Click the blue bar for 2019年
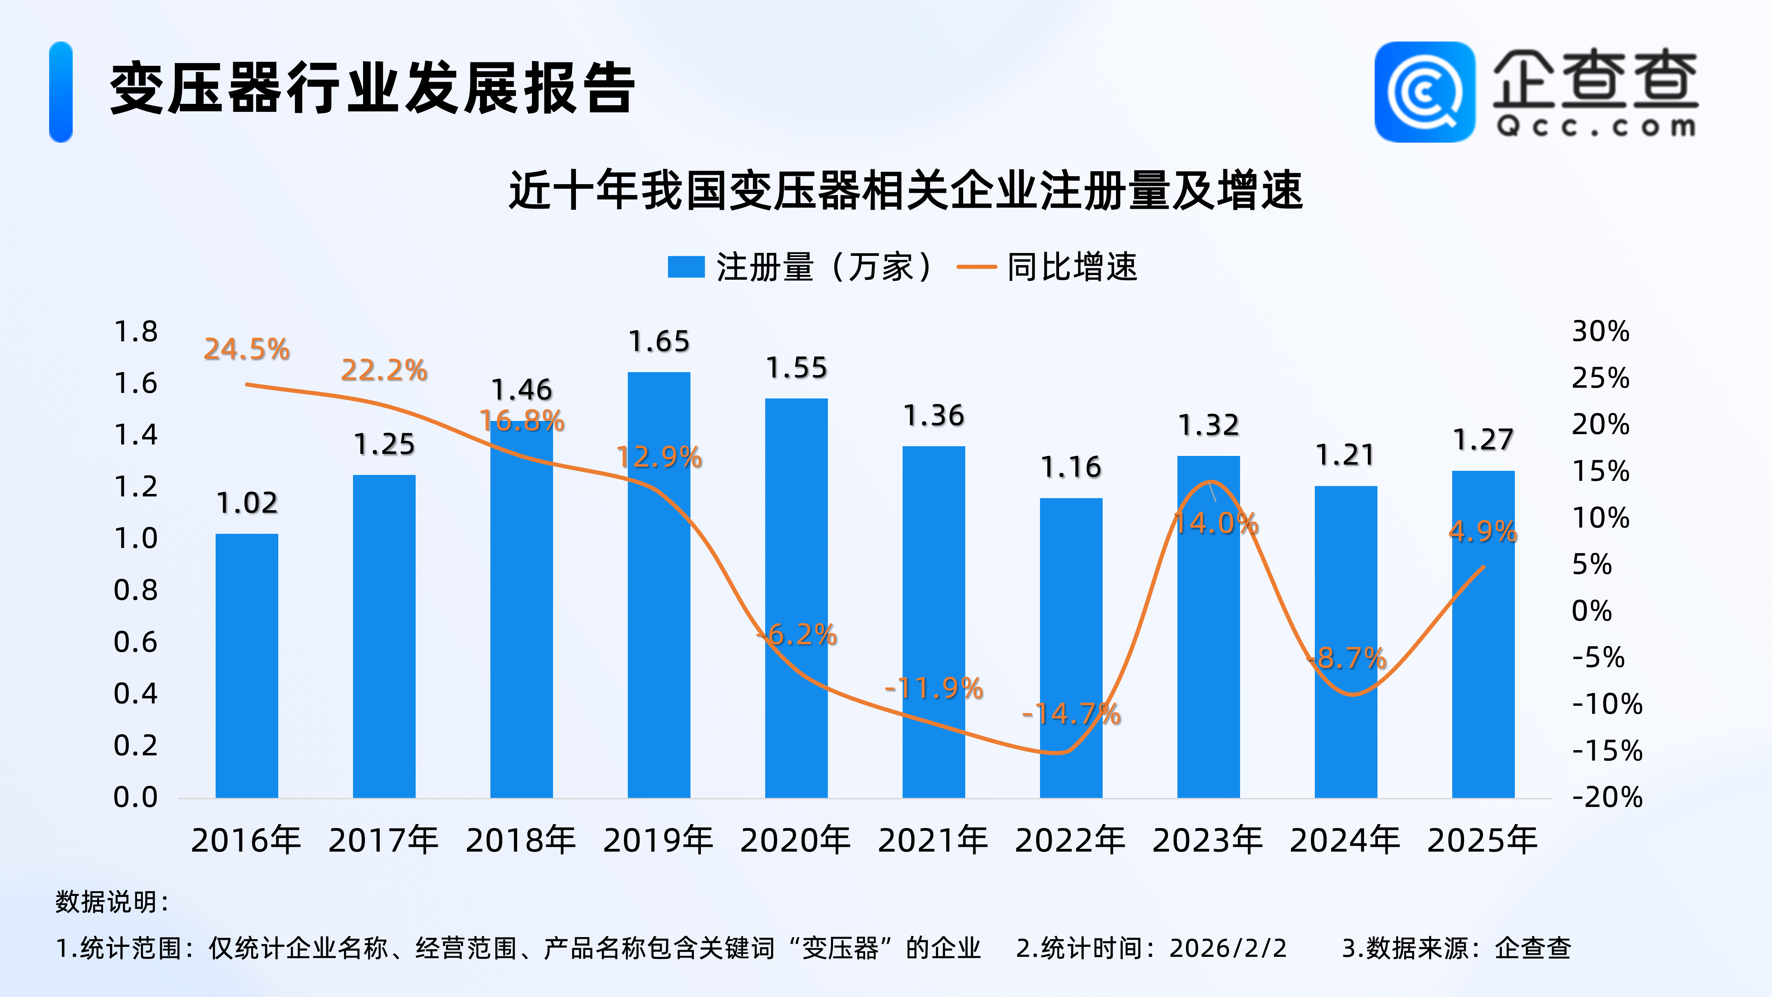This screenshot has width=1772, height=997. (658, 585)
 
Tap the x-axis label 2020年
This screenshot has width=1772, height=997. (795, 840)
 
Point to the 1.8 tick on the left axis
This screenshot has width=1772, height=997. (136, 332)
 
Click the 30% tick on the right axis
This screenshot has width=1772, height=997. (1600, 332)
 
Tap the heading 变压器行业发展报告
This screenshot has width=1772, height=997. (371, 89)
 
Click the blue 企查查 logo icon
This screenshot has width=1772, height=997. (1424, 91)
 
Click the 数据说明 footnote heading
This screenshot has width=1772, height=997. (111, 901)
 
